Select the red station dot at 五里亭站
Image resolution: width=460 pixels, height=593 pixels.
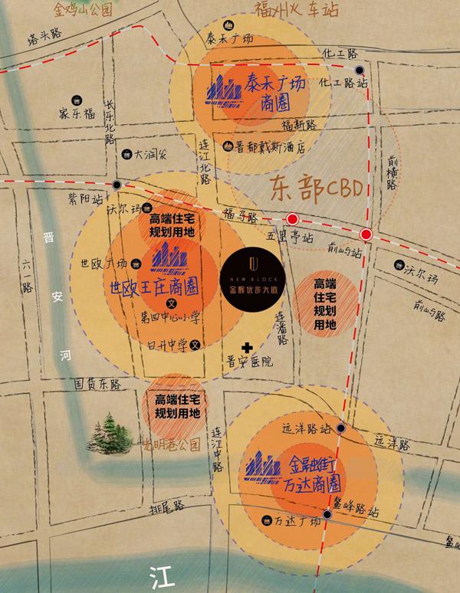click(x=292, y=218)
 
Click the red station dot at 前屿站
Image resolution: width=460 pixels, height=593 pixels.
click(x=366, y=234)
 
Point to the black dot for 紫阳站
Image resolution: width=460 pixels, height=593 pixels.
click(x=116, y=185)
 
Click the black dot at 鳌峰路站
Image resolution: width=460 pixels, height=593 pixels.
click(x=327, y=516)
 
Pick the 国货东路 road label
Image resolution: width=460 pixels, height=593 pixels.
click(x=97, y=381)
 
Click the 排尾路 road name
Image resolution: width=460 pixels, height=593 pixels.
click(x=167, y=506)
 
